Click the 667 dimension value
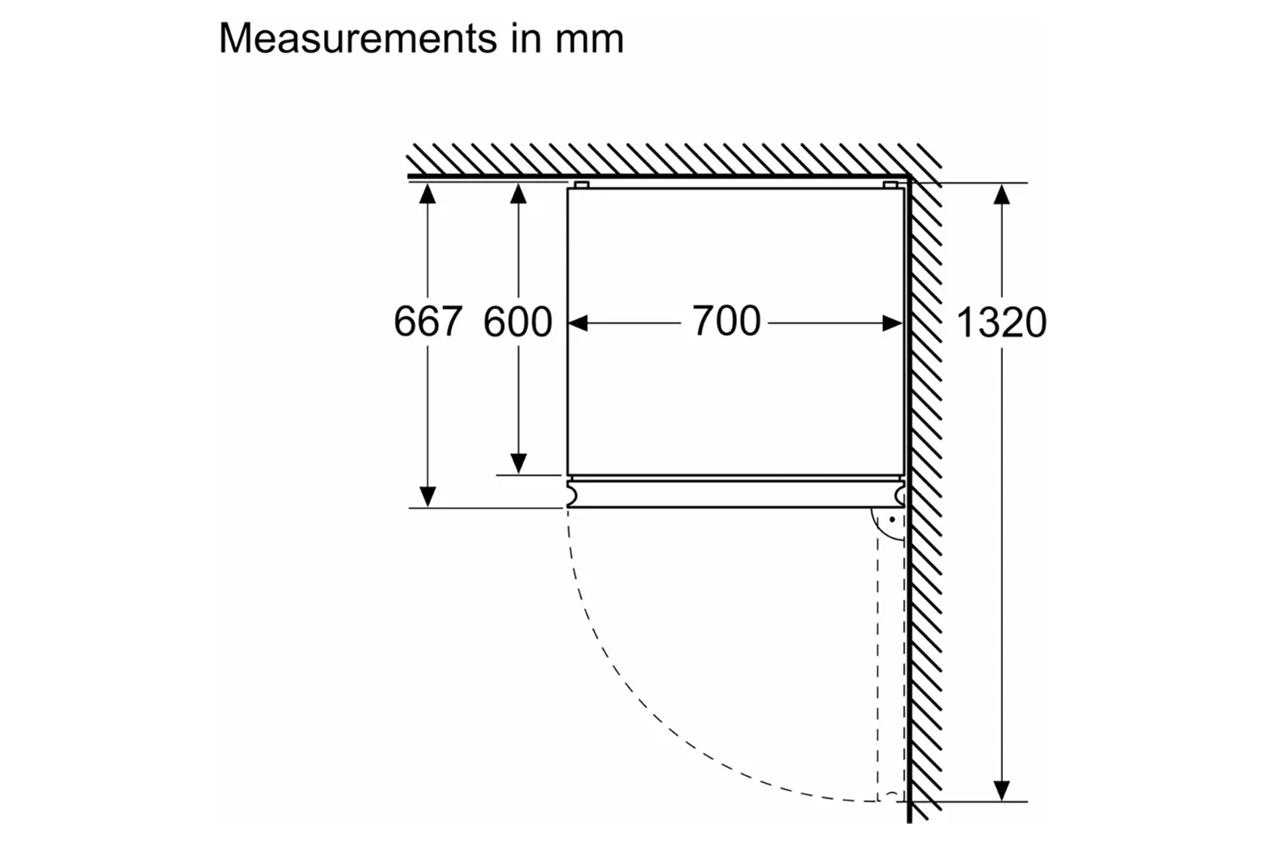pyautogui.click(x=427, y=321)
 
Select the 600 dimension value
pyautogui.click(x=518, y=321)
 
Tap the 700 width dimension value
pyautogui.click(x=726, y=320)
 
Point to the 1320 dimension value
pyautogui.click(x=1001, y=323)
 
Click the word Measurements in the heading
pyautogui.click(x=358, y=38)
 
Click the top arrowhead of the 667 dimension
pyautogui.click(x=427, y=194)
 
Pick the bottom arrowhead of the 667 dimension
pyautogui.click(x=427, y=496)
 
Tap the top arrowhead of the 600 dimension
pyautogui.click(x=518, y=194)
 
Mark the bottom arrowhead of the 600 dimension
pyautogui.click(x=518, y=464)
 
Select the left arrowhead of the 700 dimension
pyautogui.click(x=578, y=323)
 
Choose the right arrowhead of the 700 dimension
pyautogui.click(x=893, y=323)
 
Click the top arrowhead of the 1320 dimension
pyautogui.click(x=1002, y=194)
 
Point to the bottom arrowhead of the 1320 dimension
pyautogui.click(x=1002, y=791)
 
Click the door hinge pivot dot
pyautogui.click(x=892, y=519)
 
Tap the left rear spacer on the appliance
pyautogui.click(x=581, y=184)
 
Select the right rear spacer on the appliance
pyautogui.click(x=890, y=184)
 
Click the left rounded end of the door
pyautogui.click(x=573, y=494)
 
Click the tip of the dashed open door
pyautogui.click(x=891, y=797)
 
